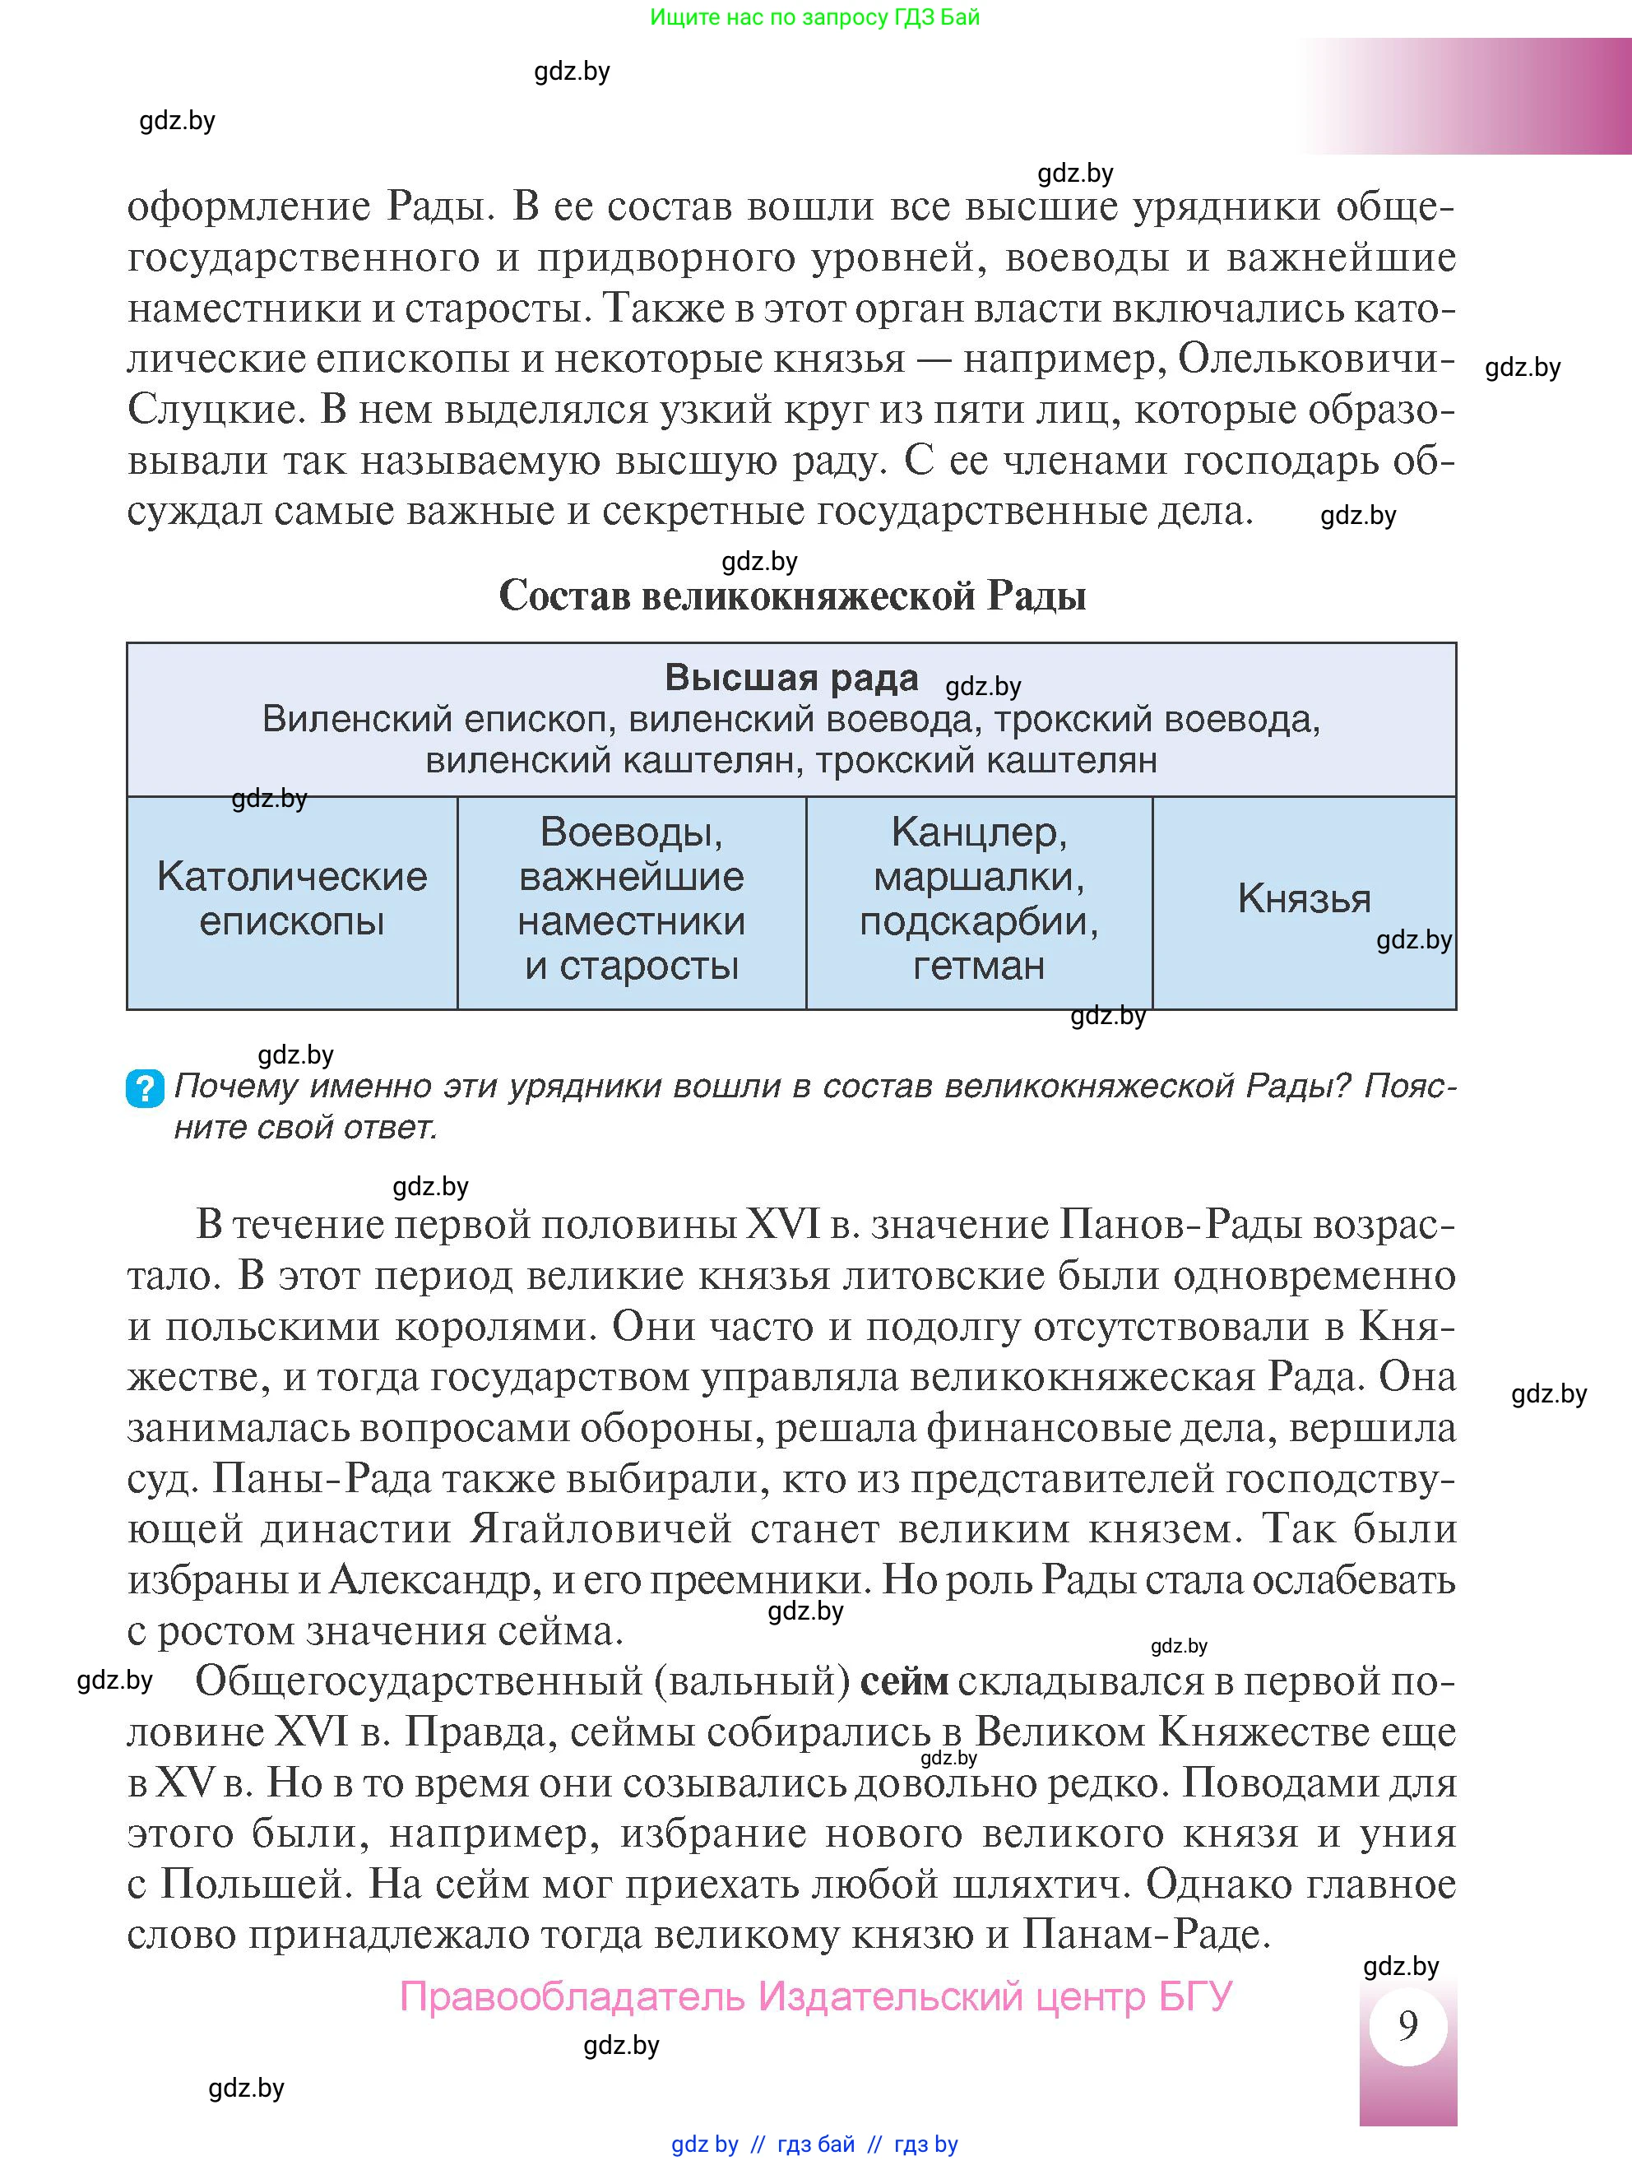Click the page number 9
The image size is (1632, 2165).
[x=1407, y=2024]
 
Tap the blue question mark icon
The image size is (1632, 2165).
[x=145, y=1088]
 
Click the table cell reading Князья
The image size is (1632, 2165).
[x=1303, y=898]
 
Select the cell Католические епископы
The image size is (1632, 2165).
[x=292, y=898]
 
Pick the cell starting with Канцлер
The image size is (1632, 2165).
[x=978, y=898]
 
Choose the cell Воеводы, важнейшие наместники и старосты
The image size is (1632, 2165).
[x=632, y=898]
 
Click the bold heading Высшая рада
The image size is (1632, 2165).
[x=791, y=677]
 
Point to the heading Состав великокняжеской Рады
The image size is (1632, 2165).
[x=792, y=595]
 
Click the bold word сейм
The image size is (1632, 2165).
[x=904, y=1681]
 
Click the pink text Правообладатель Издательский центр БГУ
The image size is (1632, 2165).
[x=815, y=1996]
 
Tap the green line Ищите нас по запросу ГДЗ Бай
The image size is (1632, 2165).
[x=814, y=16]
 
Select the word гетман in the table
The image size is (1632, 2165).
[x=978, y=966]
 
